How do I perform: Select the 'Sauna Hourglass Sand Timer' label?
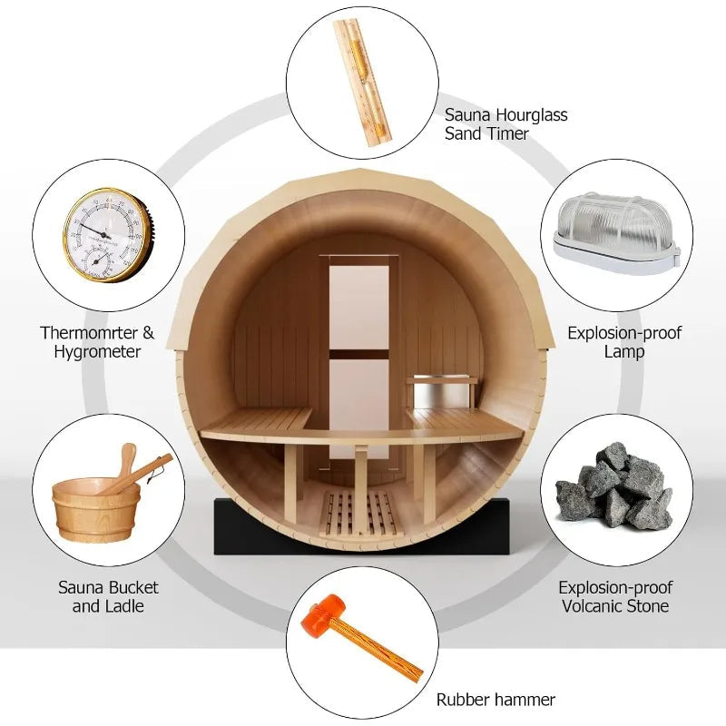505,124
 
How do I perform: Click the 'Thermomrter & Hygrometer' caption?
97,342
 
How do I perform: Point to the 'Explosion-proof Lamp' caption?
624,342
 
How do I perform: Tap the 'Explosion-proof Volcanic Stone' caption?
613,596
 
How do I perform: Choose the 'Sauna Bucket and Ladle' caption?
108,596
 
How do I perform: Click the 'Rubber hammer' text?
495,699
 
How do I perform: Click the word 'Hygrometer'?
97,352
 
